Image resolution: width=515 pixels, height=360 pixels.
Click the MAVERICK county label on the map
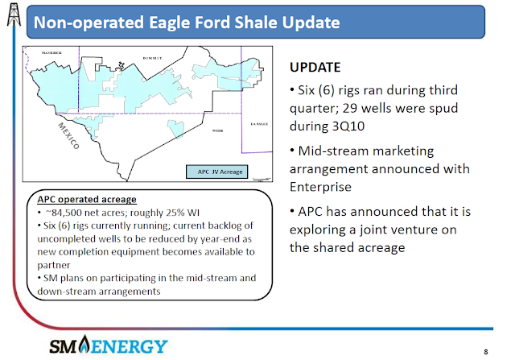[x=51, y=52]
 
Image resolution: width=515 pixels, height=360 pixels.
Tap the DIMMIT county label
[x=152, y=58]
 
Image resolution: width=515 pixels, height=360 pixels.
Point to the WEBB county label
[x=217, y=130]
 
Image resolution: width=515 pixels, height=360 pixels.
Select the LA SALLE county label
[x=259, y=124]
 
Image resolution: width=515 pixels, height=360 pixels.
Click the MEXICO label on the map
[x=69, y=136]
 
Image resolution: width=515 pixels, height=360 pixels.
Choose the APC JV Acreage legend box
[x=216, y=172]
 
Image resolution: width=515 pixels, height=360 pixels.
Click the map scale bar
[x=262, y=179]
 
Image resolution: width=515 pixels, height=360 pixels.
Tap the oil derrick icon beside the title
[x=14, y=14]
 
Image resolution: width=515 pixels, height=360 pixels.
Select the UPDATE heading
[x=315, y=67]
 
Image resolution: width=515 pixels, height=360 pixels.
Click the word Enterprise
[x=320, y=187]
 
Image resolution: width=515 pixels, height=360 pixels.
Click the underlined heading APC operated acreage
[x=87, y=199]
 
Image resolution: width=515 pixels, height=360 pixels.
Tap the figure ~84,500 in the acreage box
[x=64, y=213]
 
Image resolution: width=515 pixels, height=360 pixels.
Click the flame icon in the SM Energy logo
[x=84, y=344]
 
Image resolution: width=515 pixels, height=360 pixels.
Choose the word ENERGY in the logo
[x=129, y=346]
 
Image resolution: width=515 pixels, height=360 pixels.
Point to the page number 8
[x=486, y=352]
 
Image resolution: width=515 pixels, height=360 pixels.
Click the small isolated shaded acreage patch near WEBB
[x=175, y=129]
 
